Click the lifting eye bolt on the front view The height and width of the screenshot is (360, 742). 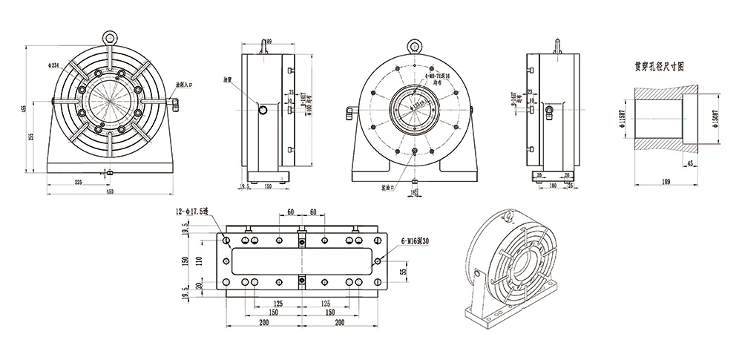click(110, 34)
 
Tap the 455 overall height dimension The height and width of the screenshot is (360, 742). click(24, 108)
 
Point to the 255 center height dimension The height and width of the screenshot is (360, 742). click(31, 137)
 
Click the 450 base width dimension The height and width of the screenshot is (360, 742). click(110, 192)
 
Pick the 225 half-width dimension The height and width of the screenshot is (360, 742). click(78, 182)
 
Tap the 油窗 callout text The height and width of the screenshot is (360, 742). click(229, 79)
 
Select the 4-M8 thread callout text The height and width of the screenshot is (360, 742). click(439, 76)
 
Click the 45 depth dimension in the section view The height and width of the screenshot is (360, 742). click(690, 163)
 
